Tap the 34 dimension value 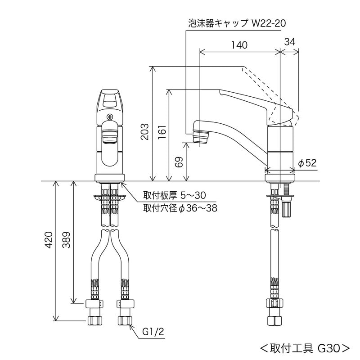click(290, 41)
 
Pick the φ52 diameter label click(308, 163)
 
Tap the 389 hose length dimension click(66, 241)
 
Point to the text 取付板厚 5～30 click(174, 195)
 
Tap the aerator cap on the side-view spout click(201, 136)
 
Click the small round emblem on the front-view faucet click(109, 117)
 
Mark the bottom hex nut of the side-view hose click(274, 320)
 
